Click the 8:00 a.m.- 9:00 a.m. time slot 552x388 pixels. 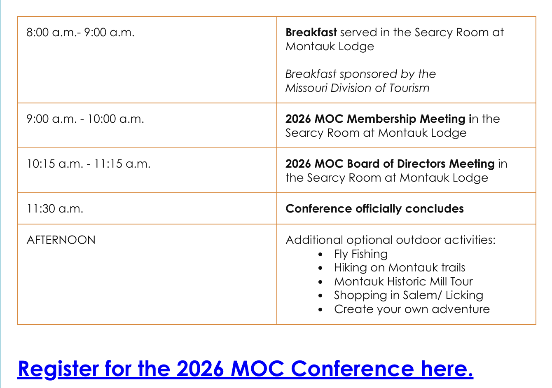80,33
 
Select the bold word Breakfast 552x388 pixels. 311,32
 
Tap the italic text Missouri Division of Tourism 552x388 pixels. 357,88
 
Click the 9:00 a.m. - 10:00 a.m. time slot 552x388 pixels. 85,119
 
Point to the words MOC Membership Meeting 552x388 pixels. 390,119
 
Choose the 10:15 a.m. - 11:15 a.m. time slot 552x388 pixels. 88,164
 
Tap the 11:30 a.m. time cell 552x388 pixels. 55,209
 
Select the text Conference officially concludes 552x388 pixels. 374,209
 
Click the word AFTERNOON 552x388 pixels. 61,240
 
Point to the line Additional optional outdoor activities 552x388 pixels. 391,240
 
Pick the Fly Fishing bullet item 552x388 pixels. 361,254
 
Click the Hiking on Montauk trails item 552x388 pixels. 400,268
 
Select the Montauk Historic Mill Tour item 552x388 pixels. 403,282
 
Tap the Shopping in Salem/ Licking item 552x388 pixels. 409,295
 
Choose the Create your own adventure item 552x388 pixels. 412,309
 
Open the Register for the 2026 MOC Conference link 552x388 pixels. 245,369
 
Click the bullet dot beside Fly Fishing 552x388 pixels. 320,255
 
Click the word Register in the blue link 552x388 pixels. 58,369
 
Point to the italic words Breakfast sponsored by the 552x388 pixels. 360,74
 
